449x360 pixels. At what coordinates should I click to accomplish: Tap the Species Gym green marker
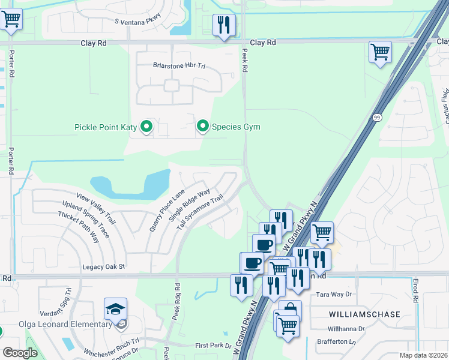pos(203,126)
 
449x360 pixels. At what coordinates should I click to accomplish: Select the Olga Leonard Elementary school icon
pos(115,310)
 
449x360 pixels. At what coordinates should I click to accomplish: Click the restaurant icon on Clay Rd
pos(224,26)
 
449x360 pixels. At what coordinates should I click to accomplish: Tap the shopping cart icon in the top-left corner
pos(11,20)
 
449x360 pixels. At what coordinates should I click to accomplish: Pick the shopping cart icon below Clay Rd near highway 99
pos(380,53)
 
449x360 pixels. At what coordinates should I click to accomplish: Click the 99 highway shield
pos(377,117)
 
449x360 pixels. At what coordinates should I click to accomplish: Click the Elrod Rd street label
pos(415,290)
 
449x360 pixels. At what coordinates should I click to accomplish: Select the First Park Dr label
pos(213,346)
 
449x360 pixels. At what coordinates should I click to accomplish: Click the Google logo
pos(20,353)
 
